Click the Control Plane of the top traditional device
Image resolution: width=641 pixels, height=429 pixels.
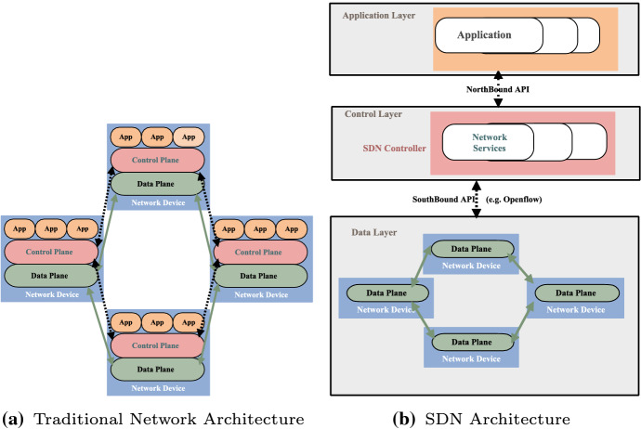coord(157,160)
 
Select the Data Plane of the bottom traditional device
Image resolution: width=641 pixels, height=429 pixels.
coord(157,369)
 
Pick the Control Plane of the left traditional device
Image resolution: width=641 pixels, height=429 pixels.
coord(51,252)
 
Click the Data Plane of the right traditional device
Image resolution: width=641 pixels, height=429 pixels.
coord(261,276)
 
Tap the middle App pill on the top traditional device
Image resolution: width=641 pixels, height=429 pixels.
coord(157,136)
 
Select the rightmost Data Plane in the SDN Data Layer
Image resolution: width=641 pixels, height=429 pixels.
coord(576,292)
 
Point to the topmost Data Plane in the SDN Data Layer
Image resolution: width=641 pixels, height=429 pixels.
coord(471,249)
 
